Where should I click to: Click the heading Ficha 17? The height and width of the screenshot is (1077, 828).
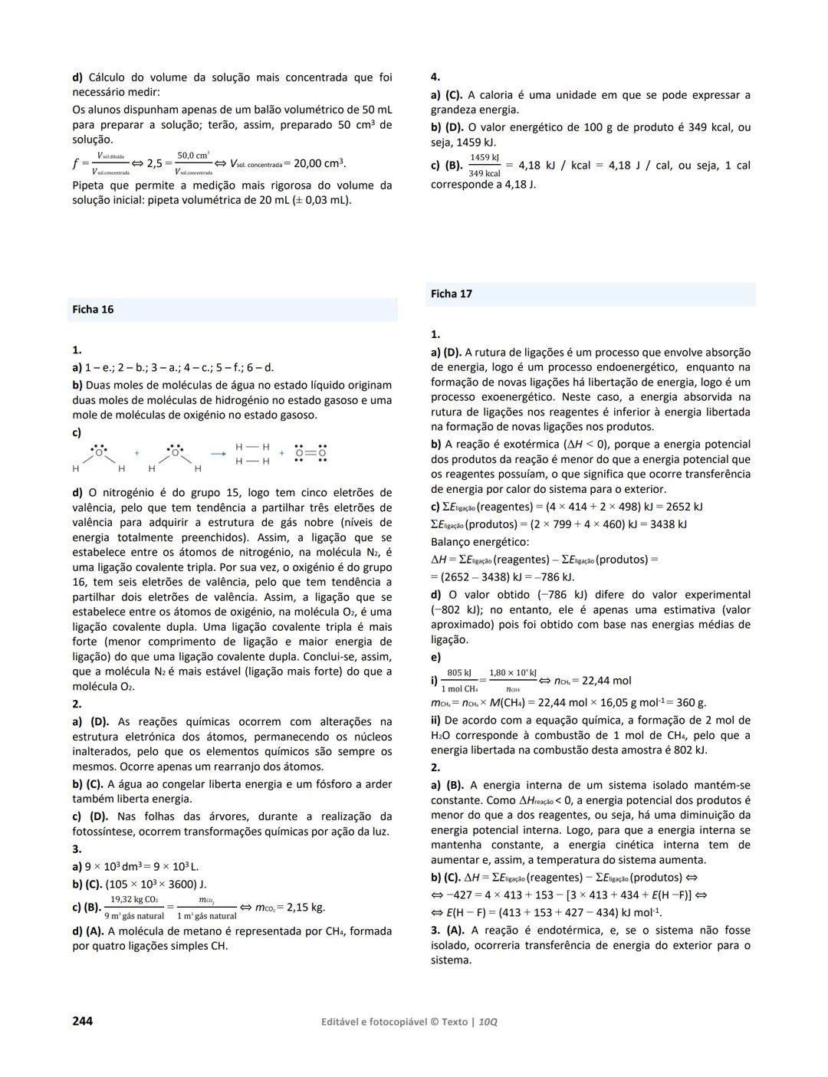452,294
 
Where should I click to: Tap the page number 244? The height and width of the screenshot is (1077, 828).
82,1021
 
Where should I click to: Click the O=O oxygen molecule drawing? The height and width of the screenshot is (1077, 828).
310,453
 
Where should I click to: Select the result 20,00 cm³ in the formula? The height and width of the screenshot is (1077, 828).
319,163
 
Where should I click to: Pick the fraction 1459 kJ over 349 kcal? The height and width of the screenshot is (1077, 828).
485,166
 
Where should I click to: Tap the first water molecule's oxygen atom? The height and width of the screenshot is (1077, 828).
99,451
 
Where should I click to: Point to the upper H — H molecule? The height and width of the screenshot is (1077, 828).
252,447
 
